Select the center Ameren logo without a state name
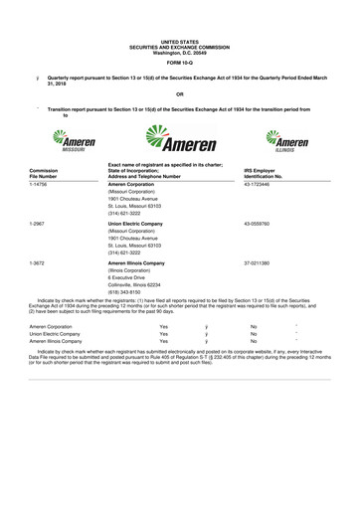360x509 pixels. (179, 139)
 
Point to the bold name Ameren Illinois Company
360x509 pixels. (142, 261)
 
